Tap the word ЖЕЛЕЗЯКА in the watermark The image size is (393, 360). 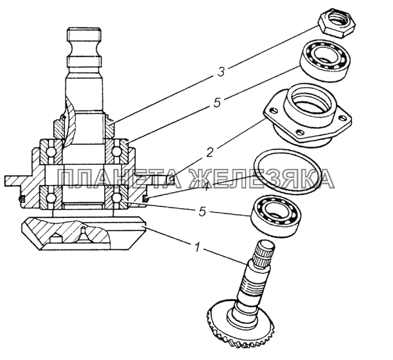pos(262,179)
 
